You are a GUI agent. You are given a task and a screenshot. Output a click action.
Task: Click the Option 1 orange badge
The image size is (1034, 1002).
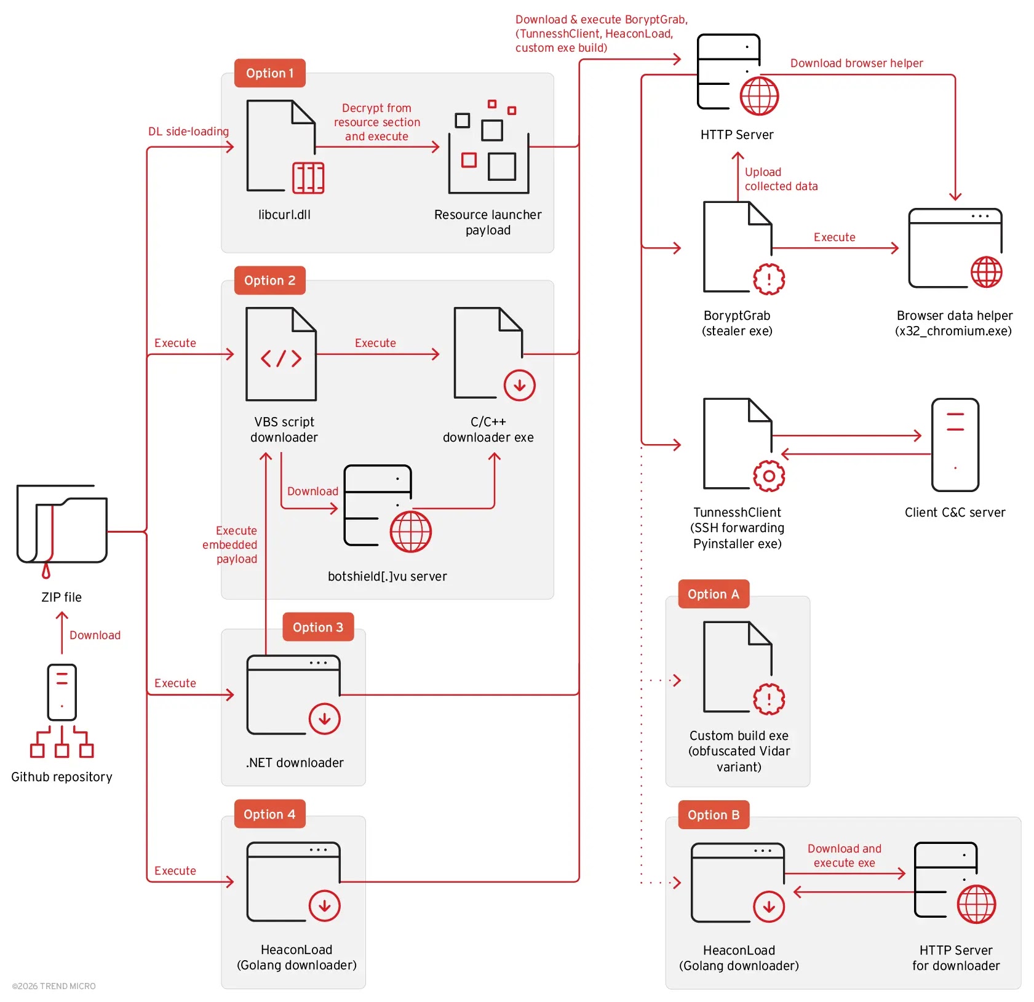click(x=269, y=73)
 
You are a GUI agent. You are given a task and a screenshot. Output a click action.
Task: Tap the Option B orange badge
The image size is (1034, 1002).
click(x=713, y=814)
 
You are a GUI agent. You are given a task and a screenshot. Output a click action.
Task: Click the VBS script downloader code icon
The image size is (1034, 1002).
click(x=281, y=355)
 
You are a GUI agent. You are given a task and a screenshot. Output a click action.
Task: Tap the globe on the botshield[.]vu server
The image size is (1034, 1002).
click(x=410, y=532)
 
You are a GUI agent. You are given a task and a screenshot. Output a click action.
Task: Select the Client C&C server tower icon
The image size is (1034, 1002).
click(x=955, y=445)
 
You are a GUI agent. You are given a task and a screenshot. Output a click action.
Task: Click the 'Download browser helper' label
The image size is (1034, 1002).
click(x=856, y=63)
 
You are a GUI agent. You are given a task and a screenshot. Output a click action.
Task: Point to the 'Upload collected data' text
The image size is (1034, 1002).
click(x=781, y=179)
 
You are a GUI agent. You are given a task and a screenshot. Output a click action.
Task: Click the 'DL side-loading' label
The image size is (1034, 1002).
click(x=188, y=132)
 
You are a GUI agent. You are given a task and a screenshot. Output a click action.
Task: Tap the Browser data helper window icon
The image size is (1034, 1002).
click(x=955, y=248)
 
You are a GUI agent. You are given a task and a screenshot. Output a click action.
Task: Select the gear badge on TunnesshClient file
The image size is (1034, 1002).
click(x=769, y=475)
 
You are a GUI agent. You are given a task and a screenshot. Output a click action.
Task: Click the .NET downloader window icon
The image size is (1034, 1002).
click(x=293, y=695)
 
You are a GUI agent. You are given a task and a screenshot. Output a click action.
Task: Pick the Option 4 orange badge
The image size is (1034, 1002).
click(x=269, y=814)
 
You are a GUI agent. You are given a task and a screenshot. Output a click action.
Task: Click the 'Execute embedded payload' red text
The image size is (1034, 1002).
click(x=231, y=544)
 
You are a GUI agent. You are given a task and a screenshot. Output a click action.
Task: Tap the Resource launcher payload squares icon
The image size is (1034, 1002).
click(x=488, y=148)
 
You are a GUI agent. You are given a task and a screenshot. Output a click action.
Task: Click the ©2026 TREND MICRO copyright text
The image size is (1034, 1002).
click(x=54, y=985)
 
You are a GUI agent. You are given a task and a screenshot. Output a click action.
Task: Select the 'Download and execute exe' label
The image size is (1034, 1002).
click(x=844, y=855)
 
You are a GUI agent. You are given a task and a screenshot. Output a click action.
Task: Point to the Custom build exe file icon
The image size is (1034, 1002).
click(x=738, y=667)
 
